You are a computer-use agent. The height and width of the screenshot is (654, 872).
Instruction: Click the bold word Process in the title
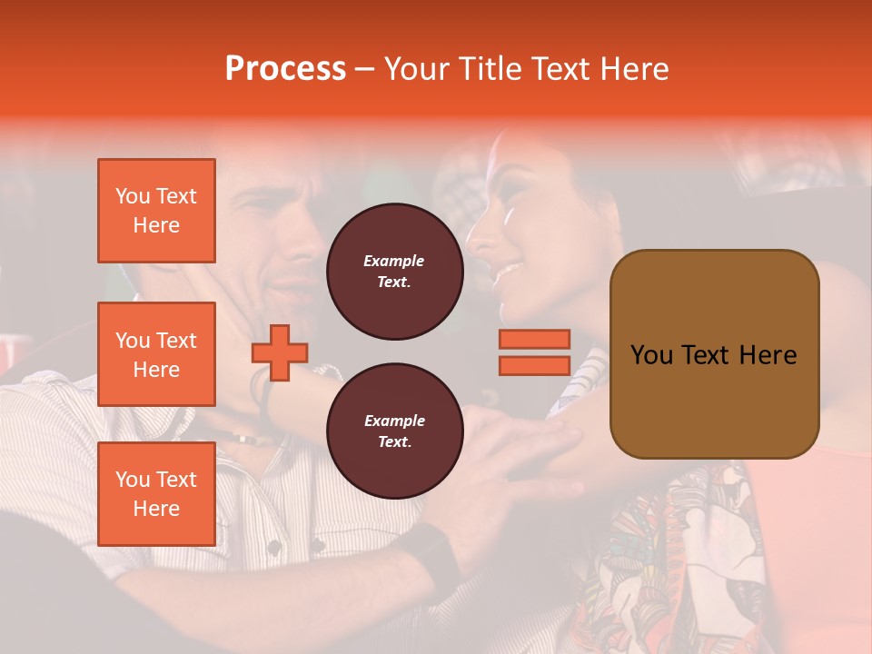pyautogui.click(x=285, y=69)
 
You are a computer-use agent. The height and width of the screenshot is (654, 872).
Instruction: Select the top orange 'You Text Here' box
pyautogui.click(x=156, y=211)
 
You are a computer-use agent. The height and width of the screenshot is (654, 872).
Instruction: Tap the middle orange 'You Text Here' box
pyautogui.click(x=156, y=354)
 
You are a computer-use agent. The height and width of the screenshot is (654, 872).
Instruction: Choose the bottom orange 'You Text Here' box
pyautogui.click(x=156, y=494)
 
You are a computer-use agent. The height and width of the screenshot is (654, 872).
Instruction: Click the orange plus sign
pyautogui.click(x=280, y=352)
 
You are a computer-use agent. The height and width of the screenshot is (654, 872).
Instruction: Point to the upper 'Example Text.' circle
pyautogui.click(x=394, y=272)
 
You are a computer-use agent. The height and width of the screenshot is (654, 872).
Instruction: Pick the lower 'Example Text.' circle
pyautogui.click(x=394, y=431)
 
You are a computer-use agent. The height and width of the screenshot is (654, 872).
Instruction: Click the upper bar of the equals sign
pyautogui.click(x=534, y=339)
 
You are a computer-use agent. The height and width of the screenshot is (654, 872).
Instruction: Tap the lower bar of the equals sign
pyautogui.click(x=534, y=365)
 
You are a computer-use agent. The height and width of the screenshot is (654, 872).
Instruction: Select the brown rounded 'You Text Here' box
pyautogui.click(x=714, y=354)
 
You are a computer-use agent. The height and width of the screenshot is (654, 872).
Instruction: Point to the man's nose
pyautogui.click(x=309, y=262)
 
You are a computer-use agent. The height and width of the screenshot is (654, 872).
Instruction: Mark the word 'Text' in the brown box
pyautogui.click(x=713, y=354)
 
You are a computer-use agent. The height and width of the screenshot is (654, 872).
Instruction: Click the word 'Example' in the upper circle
pyautogui.click(x=394, y=261)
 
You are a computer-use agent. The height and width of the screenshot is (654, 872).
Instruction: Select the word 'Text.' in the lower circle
pyautogui.click(x=394, y=442)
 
